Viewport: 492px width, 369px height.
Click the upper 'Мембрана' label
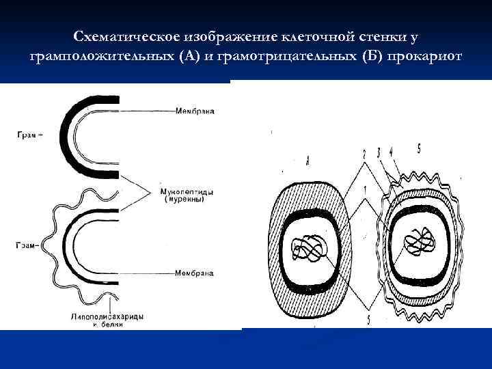[195, 111]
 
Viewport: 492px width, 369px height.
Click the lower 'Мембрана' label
[195, 273]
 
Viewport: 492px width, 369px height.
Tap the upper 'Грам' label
[29, 135]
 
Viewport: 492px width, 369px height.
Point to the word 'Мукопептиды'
[185, 192]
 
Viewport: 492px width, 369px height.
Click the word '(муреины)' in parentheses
[185, 200]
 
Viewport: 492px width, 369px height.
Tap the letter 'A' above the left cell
[307, 161]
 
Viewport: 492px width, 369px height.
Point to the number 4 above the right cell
[390, 151]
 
